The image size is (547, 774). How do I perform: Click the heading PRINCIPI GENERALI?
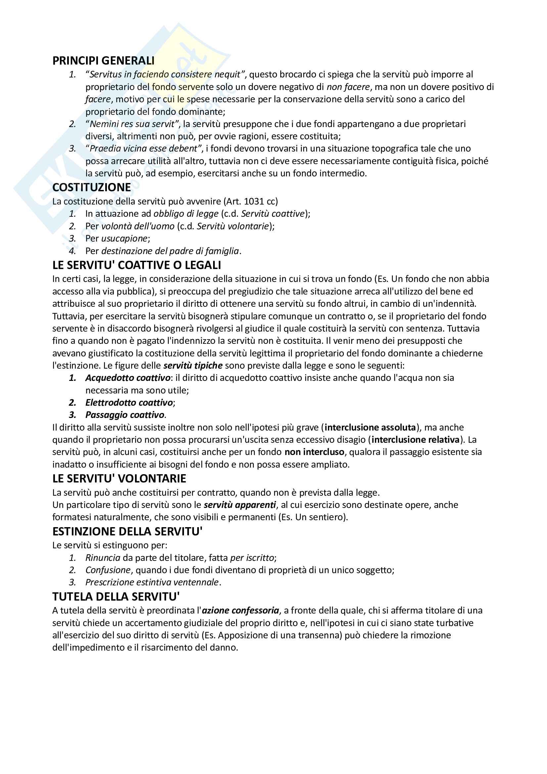(103, 61)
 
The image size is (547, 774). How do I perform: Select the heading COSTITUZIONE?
(91, 187)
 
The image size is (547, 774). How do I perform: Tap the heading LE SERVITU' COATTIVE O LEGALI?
(136, 265)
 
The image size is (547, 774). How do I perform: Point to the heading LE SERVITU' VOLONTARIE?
(119, 478)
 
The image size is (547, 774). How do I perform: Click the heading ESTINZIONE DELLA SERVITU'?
(127, 531)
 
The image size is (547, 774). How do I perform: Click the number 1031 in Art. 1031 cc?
(254, 201)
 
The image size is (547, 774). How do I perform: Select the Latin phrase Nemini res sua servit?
(132, 124)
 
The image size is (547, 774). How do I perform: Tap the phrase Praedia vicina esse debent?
(143, 149)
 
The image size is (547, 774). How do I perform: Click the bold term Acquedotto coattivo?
(128, 378)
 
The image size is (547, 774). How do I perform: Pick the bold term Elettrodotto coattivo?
(129, 402)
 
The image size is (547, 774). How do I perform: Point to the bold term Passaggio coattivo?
(125, 415)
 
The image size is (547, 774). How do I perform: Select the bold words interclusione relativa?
(416, 439)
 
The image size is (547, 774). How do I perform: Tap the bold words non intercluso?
(314, 452)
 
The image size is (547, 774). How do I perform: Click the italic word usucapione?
(124, 238)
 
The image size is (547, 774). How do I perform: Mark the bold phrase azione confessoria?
(240, 610)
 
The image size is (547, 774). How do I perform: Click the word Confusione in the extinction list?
(108, 570)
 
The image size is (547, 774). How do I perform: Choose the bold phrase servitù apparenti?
(240, 505)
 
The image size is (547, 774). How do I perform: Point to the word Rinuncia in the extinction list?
(103, 558)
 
